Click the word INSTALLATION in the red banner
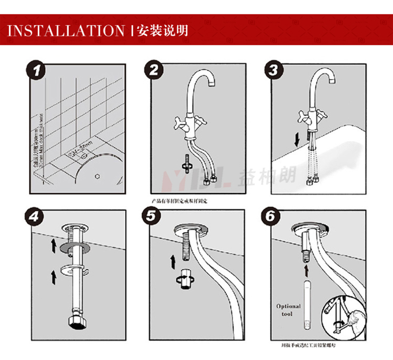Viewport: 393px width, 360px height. coord(67,30)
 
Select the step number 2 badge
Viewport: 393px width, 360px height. coord(154,70)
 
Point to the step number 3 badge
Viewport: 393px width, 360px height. coord(273,70)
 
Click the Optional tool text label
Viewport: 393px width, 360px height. coord(289,310)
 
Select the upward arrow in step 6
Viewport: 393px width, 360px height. coord(306,270)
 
